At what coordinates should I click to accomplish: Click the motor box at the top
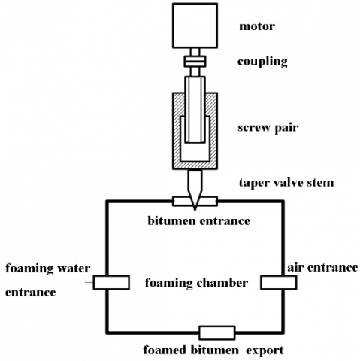(x=195, y=26)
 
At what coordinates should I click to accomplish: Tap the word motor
(x=257, y=26)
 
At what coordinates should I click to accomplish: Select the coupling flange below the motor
(x=195, y=62)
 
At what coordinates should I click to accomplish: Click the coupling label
(x=262, y=62)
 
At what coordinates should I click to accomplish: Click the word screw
(x=254, y=128)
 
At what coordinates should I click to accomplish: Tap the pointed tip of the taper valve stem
(x=195, y=209)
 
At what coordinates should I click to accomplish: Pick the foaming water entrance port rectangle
(x=111, y=282)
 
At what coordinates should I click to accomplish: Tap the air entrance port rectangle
(x=279, y=282)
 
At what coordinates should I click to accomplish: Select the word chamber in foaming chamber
(x=222, y=283)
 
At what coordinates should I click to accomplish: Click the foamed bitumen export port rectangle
(x=217, y=333)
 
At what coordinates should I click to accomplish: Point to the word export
(x=265, y=350)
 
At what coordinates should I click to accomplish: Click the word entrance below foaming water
(x=31, y=293)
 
